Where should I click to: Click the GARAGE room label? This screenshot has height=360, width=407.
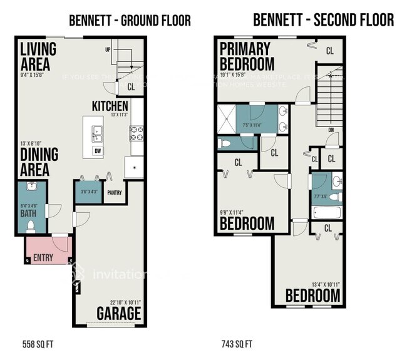tap(119, 312)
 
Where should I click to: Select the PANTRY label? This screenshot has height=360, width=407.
tap(114, 193)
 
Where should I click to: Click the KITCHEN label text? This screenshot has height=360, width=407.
tap(110, 106)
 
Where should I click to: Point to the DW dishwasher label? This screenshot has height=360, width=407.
tap(98, 151)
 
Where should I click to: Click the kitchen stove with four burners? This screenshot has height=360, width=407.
tap(136, 133)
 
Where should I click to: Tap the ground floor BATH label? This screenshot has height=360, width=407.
tap(29, 213)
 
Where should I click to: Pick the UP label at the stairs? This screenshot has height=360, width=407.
tap(108, 49)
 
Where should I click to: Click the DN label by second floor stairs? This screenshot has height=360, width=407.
tap(331, 131)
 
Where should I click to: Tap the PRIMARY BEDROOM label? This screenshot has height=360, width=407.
tap(247, 56)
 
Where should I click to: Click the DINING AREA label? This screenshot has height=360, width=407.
tap(39, 162)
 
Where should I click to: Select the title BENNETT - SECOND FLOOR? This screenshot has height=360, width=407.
tap(323, 20)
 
